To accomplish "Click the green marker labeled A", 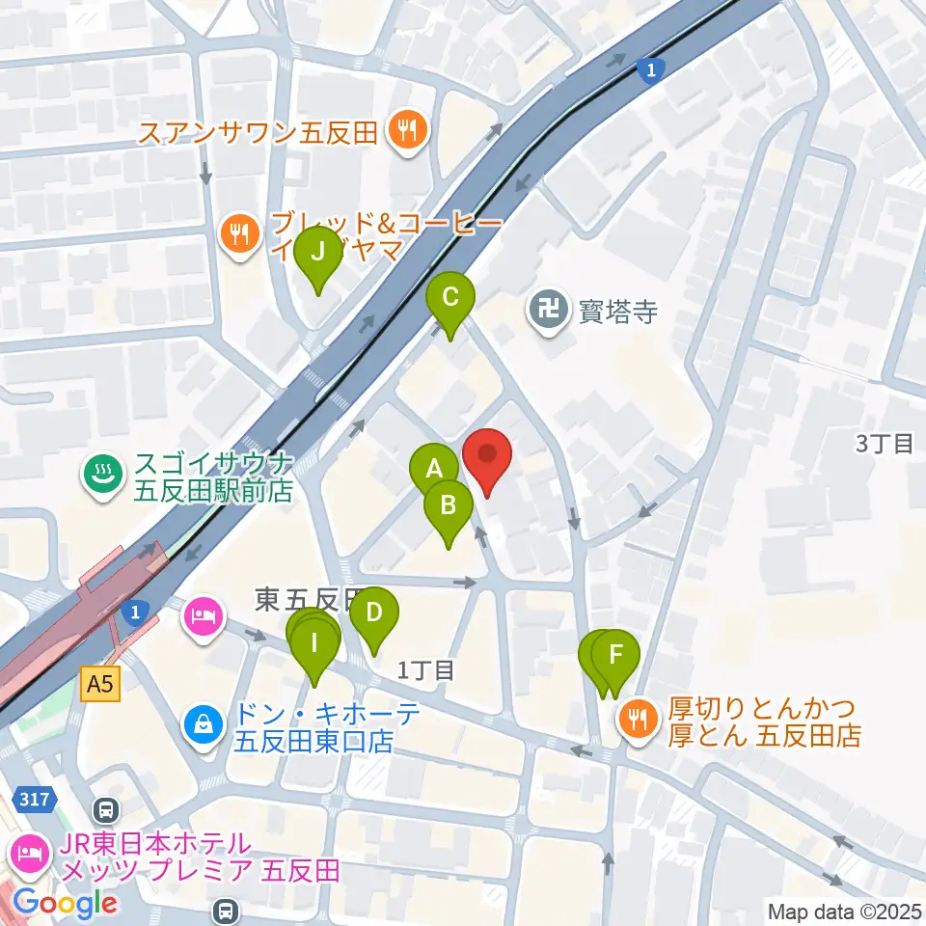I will pos(434,470).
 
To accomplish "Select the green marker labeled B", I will pos(449,504).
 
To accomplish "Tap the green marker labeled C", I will pos(449,297).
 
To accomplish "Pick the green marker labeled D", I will pos(373,612).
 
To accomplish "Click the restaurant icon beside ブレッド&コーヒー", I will pos(238,232).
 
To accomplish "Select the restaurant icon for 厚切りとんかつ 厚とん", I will pos(638,718).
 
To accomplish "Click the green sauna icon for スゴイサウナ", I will pos(100,473).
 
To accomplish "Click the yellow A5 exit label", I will pos(100,685).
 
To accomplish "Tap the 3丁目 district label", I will pos(884,444).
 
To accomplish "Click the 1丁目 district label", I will pos(425,669).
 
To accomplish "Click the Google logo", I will pos(65,904).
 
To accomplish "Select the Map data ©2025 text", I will pos(844,911).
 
